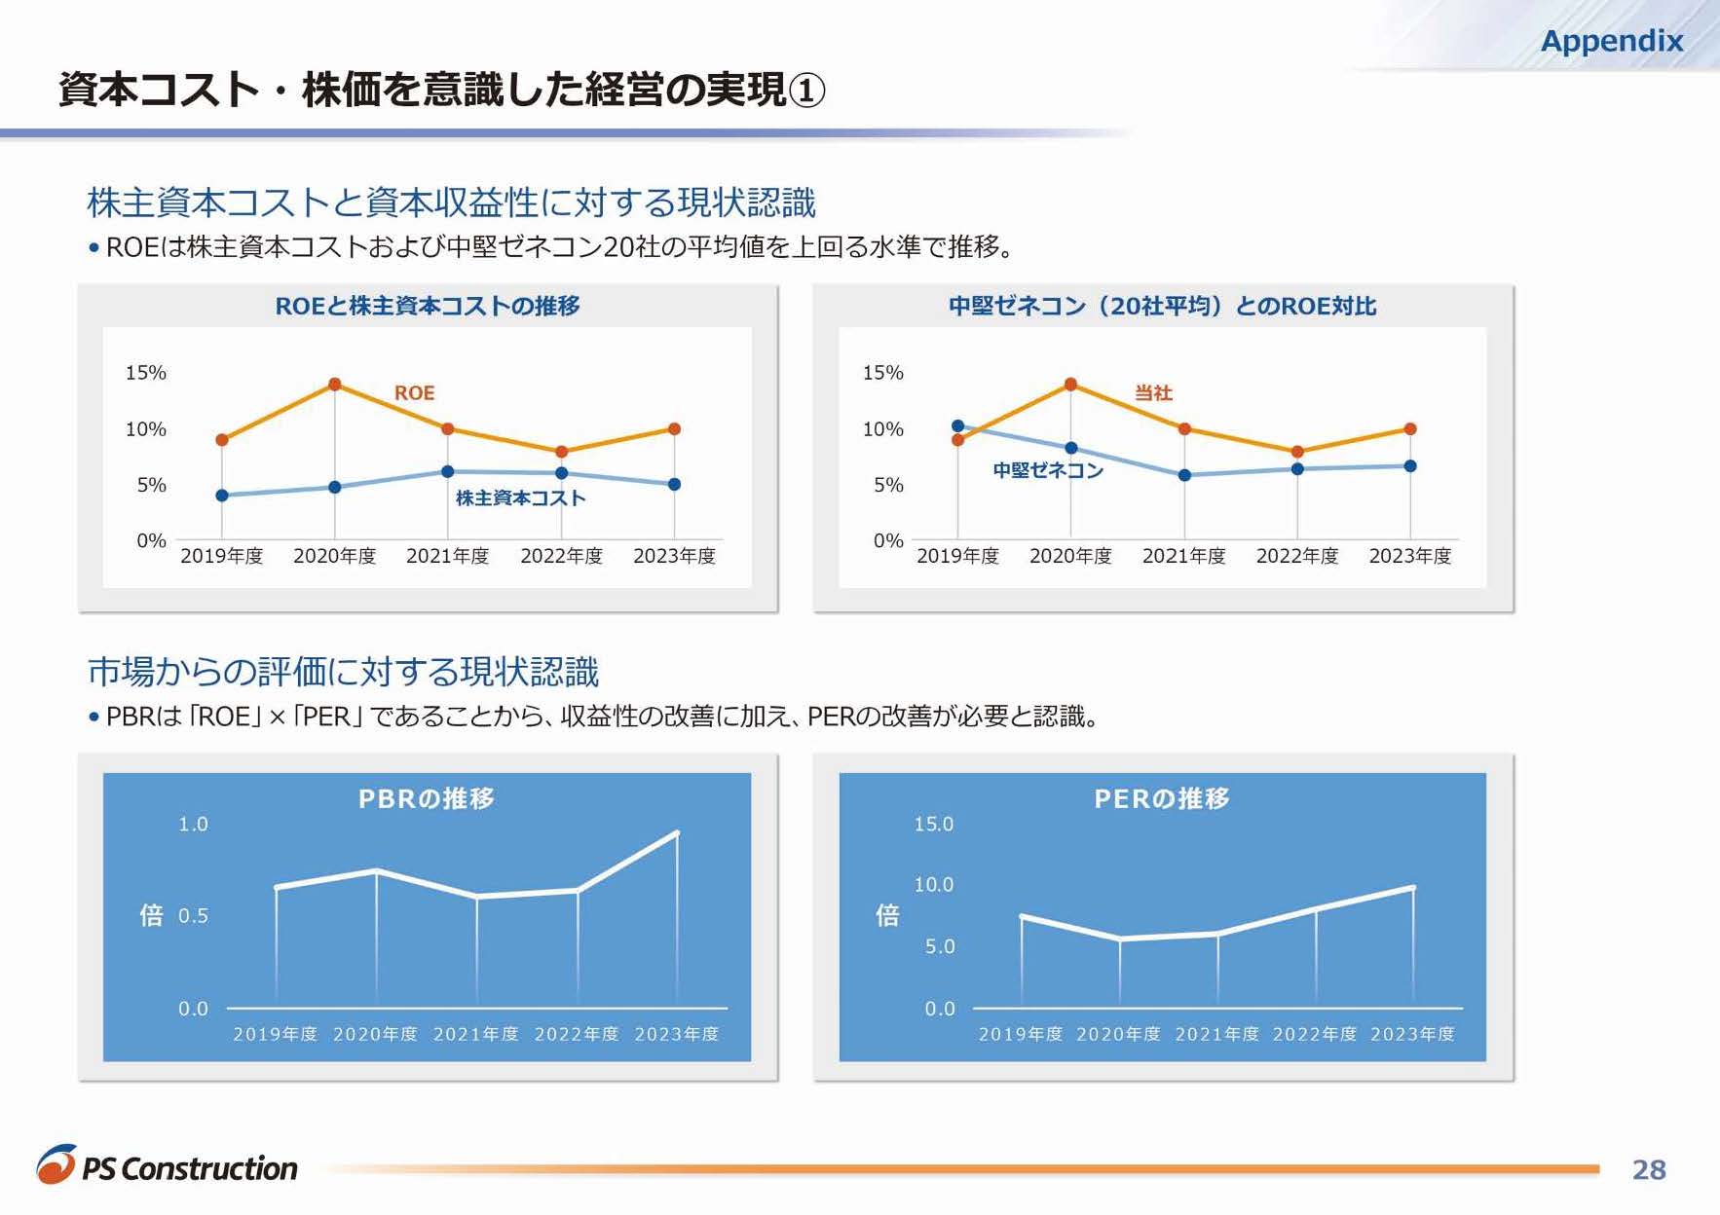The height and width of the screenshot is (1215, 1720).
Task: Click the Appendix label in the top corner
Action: [x=1611, y=41]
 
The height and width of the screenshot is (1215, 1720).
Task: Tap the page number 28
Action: [x=1648, y=1169]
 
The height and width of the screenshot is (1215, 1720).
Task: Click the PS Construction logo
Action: [x=168, y=1166]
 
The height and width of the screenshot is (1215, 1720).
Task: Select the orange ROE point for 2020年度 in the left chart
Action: [x=334, y=385]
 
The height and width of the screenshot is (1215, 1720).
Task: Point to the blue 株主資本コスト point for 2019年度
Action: [x=222, y=496]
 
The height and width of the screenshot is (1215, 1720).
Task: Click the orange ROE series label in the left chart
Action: [x=414, y=392]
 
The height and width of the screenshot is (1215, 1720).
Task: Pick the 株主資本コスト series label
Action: [x=520, y=498]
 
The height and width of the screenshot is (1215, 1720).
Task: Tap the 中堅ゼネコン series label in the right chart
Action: [x=1047, y=471]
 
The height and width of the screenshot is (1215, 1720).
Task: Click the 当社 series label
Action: [x=1153, y=392]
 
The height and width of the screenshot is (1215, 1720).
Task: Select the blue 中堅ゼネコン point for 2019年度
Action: [x=957, y=426]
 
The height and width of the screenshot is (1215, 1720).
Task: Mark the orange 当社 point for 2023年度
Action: [x=1409, y=429]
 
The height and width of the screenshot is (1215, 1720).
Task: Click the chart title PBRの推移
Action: [x=427, y=799]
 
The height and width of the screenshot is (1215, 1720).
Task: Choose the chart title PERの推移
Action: [x=1162, y=799]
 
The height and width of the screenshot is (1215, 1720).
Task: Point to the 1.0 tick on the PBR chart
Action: [x=193, y=825]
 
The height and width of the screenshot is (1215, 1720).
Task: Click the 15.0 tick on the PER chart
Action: [x=933, y=825]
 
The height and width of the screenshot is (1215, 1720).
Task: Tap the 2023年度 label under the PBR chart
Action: [x=676, y=1034]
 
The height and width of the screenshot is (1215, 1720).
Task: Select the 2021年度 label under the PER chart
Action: [x=1216, y=1034]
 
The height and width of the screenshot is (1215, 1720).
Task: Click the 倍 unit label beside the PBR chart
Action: [x=151, y=915]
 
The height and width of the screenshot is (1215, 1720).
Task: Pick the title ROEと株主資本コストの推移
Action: [x=428, y=306]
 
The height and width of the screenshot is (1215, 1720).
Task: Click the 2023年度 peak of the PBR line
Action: [x=677, y=833]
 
